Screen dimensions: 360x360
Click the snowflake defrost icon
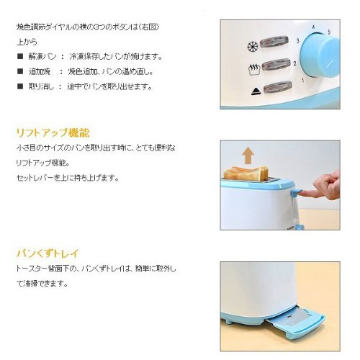point(253,46)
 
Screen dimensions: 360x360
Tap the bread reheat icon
point(254,69)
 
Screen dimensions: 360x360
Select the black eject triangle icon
point(256,91)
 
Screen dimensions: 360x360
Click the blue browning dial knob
point(320,55)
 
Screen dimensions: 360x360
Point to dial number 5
point(329,32)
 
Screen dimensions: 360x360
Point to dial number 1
point(303,81)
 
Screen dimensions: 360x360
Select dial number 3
point(297,40)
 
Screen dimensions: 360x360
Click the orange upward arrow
point(248,156)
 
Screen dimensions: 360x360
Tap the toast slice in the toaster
point(246,174)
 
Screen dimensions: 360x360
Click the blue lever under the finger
point(296,192)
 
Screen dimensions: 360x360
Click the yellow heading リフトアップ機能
point(53,132)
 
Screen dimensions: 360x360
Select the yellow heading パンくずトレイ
point(48,253)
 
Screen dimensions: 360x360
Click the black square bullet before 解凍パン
point(20,57)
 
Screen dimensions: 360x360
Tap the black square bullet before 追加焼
point(20,71)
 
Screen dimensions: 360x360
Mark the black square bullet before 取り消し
point(20,86)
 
